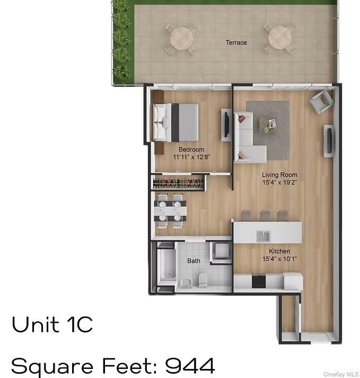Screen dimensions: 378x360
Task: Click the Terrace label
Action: pos(236,42)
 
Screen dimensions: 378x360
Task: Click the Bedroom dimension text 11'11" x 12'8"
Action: pos(191,157)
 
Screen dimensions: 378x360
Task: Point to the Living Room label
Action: pos(279,175)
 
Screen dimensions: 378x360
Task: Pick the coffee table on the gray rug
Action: pos(268,125)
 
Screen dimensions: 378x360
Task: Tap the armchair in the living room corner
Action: pos(322,101)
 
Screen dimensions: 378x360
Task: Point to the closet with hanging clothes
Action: pos(178,183)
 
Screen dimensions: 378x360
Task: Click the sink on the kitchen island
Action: pos(261,235)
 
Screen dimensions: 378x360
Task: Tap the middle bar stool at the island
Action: pos(265,215)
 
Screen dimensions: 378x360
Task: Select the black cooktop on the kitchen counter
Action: pos(259,281)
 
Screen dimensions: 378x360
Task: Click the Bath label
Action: pos(194,261)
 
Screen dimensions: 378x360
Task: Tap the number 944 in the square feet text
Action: pos(190,366)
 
